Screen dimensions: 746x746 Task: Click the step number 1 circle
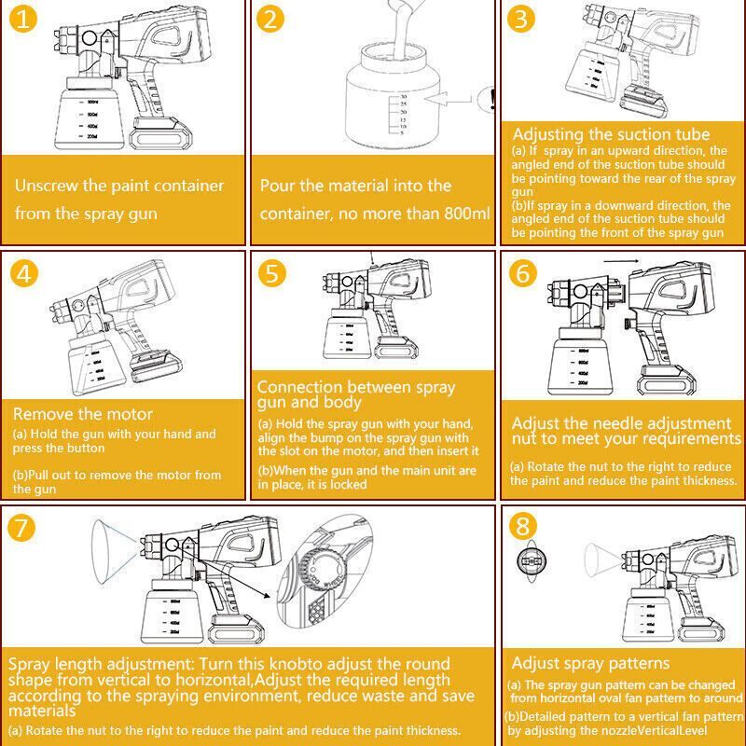21,20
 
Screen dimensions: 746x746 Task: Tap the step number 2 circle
270,20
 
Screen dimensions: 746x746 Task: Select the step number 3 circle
521,20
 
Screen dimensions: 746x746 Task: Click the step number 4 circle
23,273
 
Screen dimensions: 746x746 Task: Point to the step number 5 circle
272,273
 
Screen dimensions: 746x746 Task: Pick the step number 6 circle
522,273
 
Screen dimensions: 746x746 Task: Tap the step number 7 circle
21,528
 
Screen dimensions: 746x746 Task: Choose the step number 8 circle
522,526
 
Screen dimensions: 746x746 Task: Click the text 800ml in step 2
467,214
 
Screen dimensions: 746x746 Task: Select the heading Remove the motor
83,414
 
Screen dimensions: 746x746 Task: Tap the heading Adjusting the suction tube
612,134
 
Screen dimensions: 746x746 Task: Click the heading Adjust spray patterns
590,663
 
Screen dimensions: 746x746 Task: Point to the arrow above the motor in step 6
622,261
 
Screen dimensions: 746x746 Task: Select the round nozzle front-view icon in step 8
532,561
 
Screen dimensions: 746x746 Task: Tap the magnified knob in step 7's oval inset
323,571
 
